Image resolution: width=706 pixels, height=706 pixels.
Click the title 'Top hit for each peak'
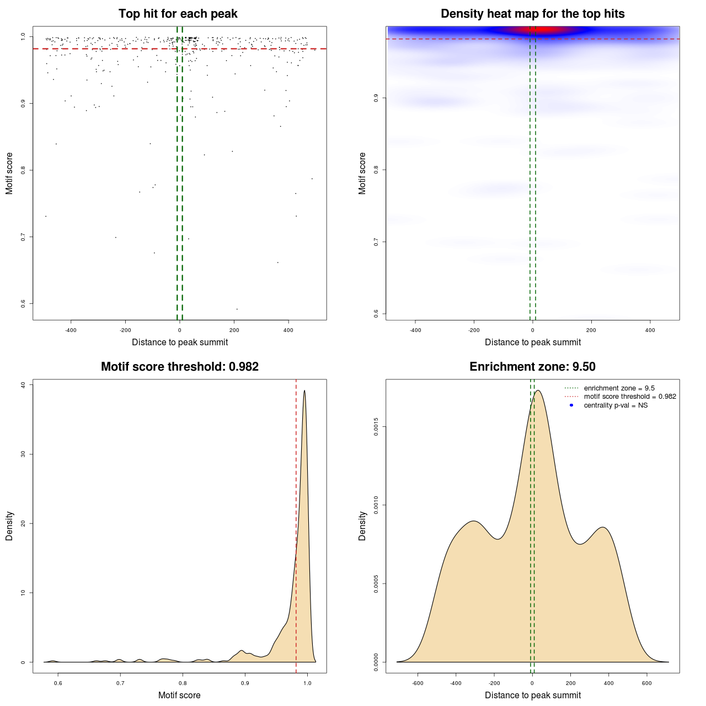coord(178,14)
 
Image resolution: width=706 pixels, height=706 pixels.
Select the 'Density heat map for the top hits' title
coord(532,14)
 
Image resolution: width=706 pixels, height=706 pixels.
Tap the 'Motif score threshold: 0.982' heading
coord(180,367)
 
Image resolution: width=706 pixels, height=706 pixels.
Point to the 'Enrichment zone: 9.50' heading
coord(532,367)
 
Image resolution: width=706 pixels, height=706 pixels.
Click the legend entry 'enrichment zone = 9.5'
coord(619,388)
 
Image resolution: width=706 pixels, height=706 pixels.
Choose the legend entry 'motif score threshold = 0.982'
coord(629,397)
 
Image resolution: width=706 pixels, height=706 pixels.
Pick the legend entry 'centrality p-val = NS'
coord(616,405)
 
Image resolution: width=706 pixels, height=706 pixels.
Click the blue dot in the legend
coord(571,405)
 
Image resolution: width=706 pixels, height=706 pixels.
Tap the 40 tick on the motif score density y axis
coord(23,385)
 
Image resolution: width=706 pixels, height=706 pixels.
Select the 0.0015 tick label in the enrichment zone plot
coord(376,426)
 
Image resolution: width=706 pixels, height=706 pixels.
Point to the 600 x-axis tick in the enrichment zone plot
coord(646,683)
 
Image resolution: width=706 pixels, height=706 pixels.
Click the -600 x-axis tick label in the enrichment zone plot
coord(417,683)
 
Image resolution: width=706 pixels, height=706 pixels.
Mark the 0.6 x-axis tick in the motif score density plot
coord(58,683)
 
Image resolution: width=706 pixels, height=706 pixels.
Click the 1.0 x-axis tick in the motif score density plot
coord(307,683)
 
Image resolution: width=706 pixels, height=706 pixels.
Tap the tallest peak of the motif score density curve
coord(304,391)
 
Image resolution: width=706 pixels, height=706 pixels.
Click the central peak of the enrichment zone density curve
coord(538,391)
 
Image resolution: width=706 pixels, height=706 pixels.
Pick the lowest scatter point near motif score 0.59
coord(237,309)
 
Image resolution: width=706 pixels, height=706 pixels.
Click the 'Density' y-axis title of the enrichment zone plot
coord(362,526)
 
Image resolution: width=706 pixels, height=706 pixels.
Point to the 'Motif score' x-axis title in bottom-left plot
coord(179,695)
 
